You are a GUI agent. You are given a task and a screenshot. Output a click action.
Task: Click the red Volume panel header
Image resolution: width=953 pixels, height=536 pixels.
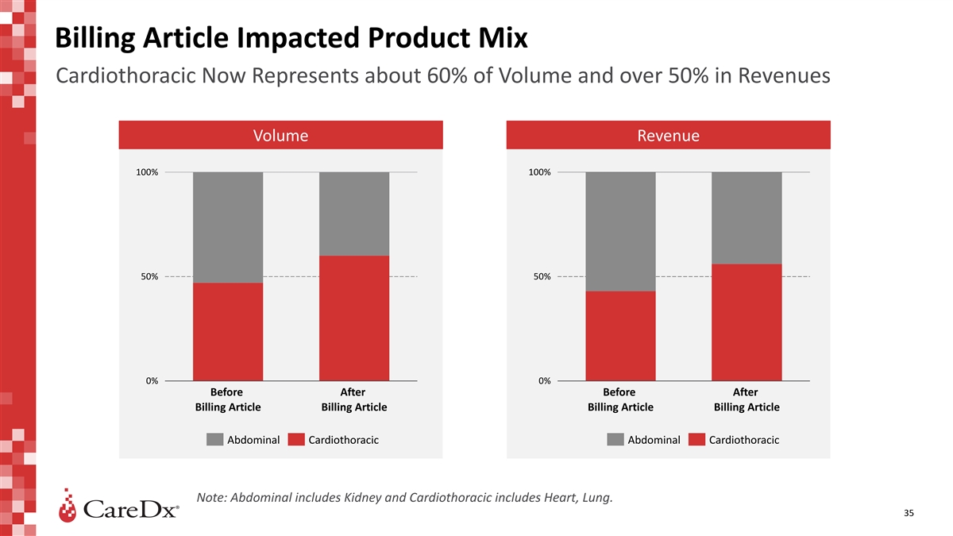[x=280, y=135]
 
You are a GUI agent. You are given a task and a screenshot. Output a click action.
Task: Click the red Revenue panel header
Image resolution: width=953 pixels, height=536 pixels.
[x=668, y=135]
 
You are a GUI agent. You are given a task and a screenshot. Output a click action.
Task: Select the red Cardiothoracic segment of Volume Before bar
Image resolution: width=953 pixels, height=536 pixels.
[x=228, y=332]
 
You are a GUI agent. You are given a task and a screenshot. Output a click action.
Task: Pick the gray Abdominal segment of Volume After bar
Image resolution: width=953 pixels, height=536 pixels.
[x=354, y=214]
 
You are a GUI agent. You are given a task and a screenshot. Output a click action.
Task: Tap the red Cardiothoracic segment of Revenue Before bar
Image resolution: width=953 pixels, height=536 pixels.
[x=620, y=336]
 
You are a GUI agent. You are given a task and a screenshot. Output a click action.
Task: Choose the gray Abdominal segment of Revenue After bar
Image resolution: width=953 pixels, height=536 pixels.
[x=747, y=218]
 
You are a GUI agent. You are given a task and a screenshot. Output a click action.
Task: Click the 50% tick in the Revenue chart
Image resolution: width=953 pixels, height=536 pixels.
[x=541, y=276]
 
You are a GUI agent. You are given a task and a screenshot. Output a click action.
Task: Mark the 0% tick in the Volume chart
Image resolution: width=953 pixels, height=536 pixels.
[x=151, y=381]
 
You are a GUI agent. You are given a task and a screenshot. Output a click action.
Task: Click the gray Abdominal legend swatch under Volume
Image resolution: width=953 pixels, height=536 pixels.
[x=214, y=440]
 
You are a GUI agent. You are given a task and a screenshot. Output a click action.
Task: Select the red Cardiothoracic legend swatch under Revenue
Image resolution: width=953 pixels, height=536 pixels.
[x=696, y=440]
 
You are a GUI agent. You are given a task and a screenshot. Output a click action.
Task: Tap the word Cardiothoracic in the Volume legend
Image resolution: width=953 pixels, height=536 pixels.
[x=343, y=440]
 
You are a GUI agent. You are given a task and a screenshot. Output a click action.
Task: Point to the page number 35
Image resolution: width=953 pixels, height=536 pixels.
[x=909, y=514]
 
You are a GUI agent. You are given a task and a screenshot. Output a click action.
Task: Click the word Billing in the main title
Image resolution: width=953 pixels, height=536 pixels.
[x=94, y=37]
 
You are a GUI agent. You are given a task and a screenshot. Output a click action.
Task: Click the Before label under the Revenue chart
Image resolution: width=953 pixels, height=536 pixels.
[x=619, y=392]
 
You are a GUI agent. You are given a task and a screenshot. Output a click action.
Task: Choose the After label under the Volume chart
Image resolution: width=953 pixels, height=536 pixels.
[x=353, y=392]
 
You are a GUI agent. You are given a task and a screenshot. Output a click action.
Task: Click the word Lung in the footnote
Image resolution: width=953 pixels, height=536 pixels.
[x=597, y=498]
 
